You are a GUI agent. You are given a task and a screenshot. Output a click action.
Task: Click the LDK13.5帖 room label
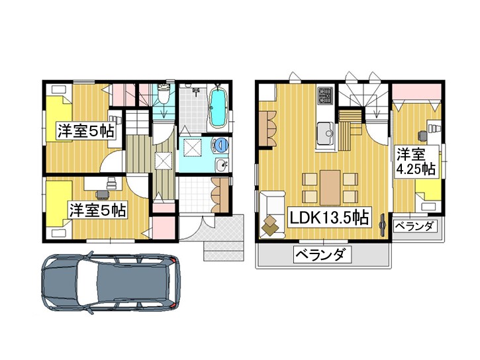[x=329, y=218]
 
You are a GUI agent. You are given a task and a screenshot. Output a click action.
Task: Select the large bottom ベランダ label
[x=322, y=255]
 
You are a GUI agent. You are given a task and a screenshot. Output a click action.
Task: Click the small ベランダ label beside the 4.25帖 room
[x=414, y=226]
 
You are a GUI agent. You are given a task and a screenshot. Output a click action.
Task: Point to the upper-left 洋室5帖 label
[x=85, y=131]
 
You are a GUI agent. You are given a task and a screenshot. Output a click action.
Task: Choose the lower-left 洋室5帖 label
[x=97, y=210]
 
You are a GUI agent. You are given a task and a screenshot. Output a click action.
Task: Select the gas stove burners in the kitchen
[x=325, y=95]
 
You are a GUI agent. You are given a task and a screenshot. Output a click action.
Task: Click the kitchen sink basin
[x=325, y=133]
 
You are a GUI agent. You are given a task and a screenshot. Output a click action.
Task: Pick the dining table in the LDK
[x=330, y=187]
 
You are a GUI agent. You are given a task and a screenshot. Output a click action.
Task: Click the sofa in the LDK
[x=272, y=214]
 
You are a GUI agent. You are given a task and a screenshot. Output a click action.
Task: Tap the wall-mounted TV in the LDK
[x=383, y=225]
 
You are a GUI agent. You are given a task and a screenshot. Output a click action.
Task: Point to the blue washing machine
[x=221, y=145]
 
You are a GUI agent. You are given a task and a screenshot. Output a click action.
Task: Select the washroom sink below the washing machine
[x=221, y=165]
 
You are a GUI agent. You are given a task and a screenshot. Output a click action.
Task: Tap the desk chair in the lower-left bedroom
[x=102, y=194]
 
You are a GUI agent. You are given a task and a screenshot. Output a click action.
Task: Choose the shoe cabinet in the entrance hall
[x=220, y=195]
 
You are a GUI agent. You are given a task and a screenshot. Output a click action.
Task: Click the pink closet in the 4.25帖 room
[x=417, y=91]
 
